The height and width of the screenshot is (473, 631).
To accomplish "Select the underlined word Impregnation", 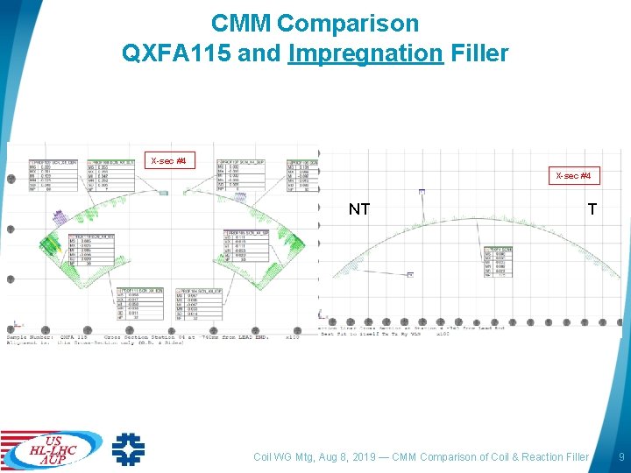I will coord(365,53).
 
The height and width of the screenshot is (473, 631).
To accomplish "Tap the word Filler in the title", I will coord(479,53).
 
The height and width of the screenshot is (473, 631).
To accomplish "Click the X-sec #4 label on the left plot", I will coord(168,161).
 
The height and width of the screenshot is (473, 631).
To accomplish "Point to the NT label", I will coord(359,209).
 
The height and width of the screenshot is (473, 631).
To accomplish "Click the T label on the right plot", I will coord(593,209).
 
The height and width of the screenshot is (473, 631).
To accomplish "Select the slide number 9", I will coord(621,456).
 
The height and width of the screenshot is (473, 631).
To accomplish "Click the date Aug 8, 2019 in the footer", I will coord(354,456).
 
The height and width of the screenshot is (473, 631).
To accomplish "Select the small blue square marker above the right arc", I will coord(422,191).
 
